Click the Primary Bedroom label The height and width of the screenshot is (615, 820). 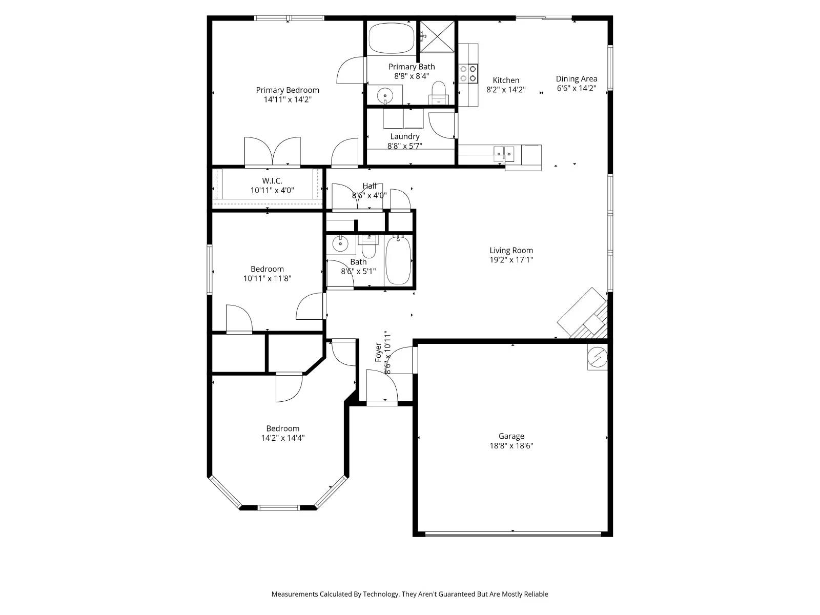pyautogui.click(x=288, y=90)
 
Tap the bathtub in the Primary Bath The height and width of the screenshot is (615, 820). pyautogui.click(x=392, y=37)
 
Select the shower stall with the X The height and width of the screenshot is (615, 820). pyautogui.click(x=437, y=36)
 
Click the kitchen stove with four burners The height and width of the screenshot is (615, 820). pyautogui.click(x=468, y=73)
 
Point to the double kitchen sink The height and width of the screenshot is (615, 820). pyautogui.click(x=504, y=152)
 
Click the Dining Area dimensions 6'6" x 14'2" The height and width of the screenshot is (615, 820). pyautogui.click(x=576, y=88)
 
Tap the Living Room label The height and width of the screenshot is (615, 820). pyautogui.click(x=511, y=250)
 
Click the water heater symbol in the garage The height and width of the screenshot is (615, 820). pyautogui.click(x=597, y=356)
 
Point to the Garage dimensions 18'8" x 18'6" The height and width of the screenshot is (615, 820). pyautogui.click(x=511, y=446)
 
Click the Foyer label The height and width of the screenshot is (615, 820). pyautogui.click(x=379, y=352)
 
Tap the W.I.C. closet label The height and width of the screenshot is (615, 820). pyautogui.click(x=272, y=181)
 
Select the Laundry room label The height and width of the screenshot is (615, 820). pyautogui.click(x=404, y=136)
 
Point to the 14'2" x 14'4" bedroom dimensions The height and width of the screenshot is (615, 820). pyautogui.click(x=282, y=438)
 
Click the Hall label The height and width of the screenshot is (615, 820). pyautogui.click(x=369, y=186)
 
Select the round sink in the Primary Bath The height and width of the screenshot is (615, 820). pyautogui.click(x=385, y=95)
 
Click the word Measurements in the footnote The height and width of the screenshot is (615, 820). pyautogui.click(x=294, y=594)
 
